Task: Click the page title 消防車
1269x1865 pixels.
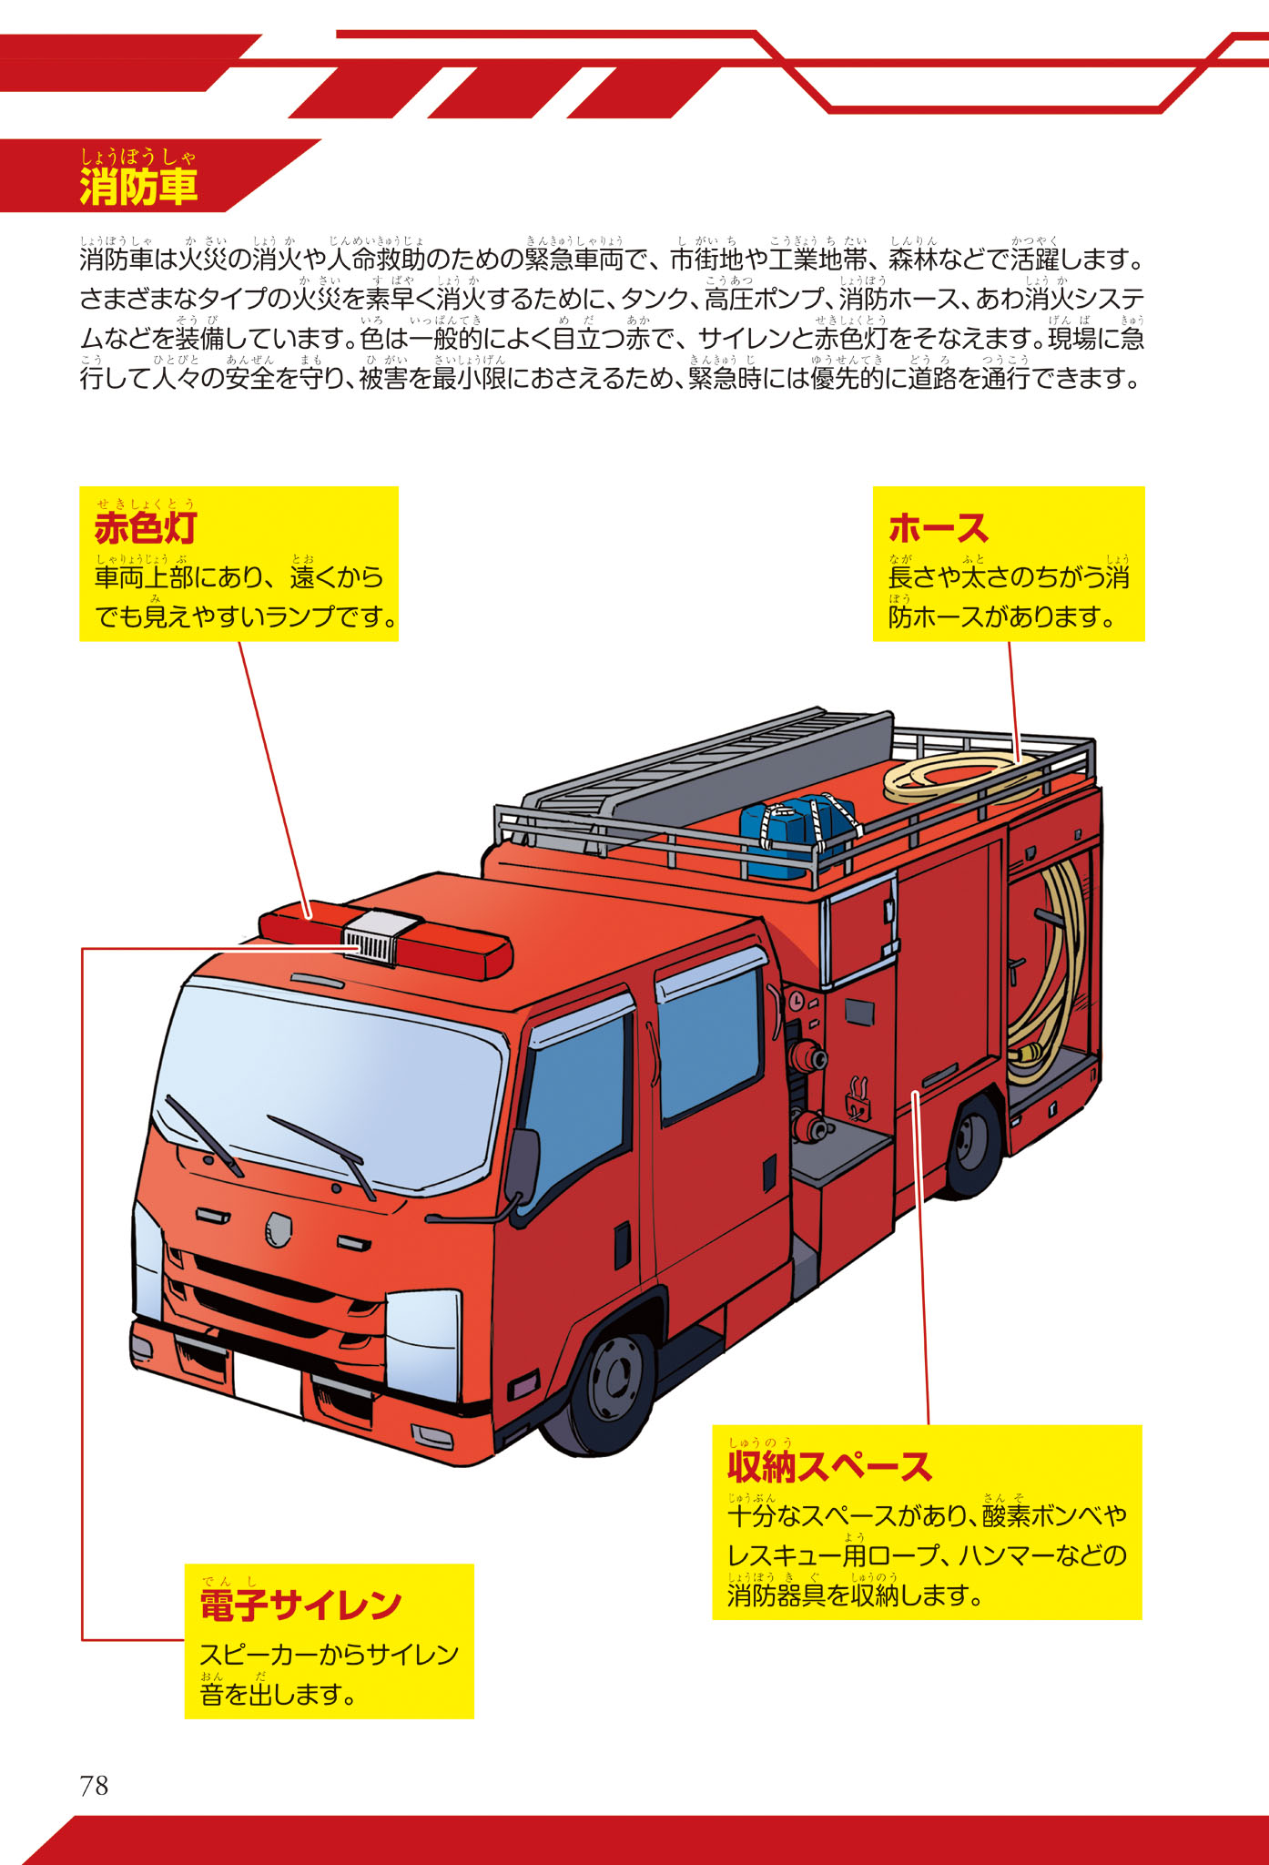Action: point(138,187)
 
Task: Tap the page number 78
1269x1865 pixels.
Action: point(94,1786)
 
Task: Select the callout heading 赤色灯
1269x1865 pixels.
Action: point(146,528)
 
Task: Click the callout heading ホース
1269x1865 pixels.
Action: point(938,528)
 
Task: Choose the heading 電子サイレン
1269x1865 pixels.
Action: point(300,1605)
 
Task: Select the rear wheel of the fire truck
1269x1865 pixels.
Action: point(973,1144)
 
